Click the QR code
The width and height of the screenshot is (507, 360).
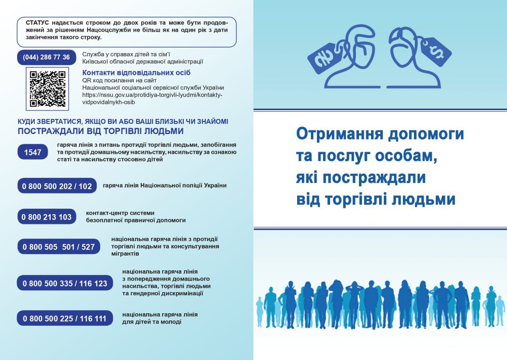[47, 89]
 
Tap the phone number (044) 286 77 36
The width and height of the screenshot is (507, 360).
[46, 57]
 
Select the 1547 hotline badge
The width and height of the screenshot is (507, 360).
[32, 152]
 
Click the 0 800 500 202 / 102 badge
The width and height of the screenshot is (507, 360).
[57, 186]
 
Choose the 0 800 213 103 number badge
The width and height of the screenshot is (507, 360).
[47, 216]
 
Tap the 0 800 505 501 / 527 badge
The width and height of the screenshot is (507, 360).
[59, 247]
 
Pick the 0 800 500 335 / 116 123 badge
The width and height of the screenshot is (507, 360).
[65, 283]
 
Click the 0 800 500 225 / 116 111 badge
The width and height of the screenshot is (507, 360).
[65, 318]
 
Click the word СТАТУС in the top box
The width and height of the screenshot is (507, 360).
[37, 23]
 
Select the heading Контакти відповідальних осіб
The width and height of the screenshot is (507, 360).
[136, 73]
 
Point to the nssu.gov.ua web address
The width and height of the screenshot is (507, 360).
[152, 99]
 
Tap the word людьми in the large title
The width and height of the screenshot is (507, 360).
[423, 199]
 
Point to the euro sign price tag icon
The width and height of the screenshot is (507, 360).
[323, 58]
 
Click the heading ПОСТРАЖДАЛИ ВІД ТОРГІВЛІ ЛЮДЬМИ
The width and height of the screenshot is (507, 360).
[101, 131]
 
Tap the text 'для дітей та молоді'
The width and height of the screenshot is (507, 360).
[152, 322]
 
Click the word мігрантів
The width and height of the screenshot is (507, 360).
[125, 254]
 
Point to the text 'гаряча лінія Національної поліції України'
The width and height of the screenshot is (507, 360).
[164, 186]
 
